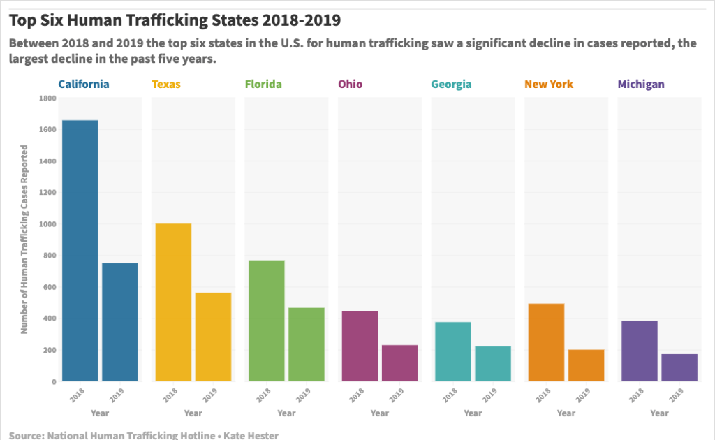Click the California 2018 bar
click(x=80, y=251)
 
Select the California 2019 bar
click(x=120, y=322)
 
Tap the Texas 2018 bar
click(x=173, y=302)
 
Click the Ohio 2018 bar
click(x=360, y=346)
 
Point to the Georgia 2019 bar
click(x=493, y=363)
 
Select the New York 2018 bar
click(x=546, y=342)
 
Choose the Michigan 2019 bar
click(x=679, y=367)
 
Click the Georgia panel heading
click(x=451, y=85)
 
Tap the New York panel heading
click(x=549, y=85)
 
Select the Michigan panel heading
click(x=641, y=85)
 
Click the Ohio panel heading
click(x=351, y=85)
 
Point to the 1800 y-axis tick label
click(x=47, y=98)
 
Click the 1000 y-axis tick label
click(x=47, y=224)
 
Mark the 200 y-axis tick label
click(x=49, y=350)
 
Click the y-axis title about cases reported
click(x=24, y=240)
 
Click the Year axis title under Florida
click(x=286, y=413)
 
